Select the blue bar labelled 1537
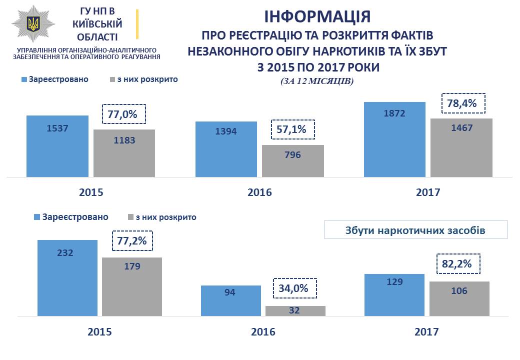click(x=57, y=146)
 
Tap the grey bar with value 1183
click(x=124, y=153)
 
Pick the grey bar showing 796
click(x=293, y=160)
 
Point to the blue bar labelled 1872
click(x=394, y=139)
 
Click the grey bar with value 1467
click(x=461, y=147)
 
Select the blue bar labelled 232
click(x=67, y=278)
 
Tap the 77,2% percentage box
click(x=132, y=241)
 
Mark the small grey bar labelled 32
click(x=295, y=310)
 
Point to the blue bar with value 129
click(x=394, y=295)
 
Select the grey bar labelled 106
click(x=459, y=298)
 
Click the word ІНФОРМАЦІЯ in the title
click(x=317, y=16)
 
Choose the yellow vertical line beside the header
click(x=137, y=24)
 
